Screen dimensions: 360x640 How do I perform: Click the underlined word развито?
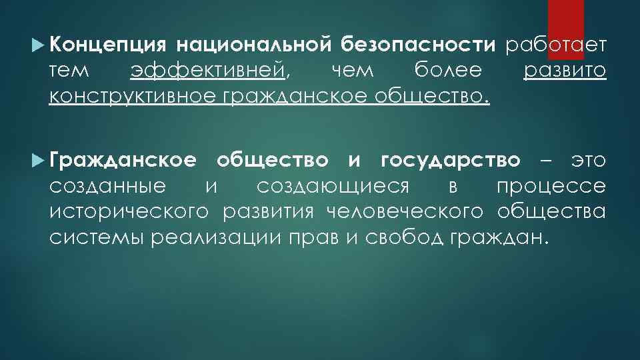pos(565,70)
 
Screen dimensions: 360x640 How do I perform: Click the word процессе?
pos(551,187)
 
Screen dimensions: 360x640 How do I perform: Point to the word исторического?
pos(129,212)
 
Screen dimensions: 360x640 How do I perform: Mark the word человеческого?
pos(405,212)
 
